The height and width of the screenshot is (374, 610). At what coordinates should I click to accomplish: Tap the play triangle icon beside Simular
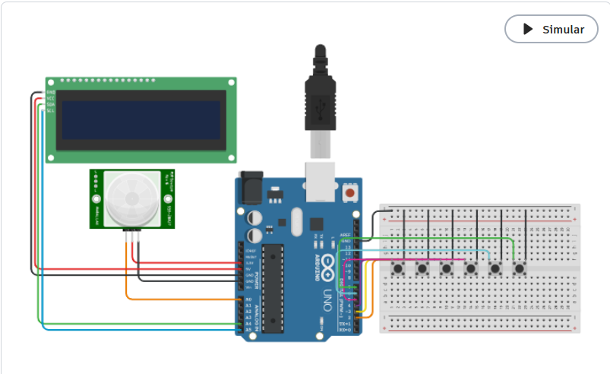528,30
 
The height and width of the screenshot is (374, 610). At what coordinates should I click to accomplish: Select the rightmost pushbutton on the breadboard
520,268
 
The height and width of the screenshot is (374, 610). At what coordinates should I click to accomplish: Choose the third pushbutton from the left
447,268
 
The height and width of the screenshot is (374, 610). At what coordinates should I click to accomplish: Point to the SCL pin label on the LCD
50,111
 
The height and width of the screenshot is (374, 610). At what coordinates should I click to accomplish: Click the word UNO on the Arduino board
328,295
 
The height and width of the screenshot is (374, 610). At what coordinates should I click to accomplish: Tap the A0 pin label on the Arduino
248,300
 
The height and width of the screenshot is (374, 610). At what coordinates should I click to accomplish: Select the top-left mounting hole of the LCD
51,81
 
